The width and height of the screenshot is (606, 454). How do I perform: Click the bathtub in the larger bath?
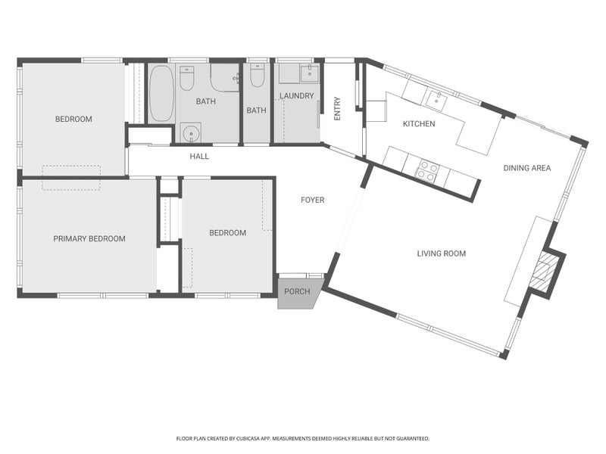[x=161, y=93]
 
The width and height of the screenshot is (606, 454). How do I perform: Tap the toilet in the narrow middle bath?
[x=256, y=76]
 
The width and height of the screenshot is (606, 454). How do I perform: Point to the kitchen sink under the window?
[x=437, y=96]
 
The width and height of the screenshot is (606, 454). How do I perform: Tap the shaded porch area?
[x=298, y=292]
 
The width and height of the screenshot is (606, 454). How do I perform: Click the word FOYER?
[x=312, y=201]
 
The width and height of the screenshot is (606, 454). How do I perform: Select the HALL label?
[x=199, y=157]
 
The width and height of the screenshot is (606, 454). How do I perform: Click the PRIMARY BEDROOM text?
[x=89, y=239]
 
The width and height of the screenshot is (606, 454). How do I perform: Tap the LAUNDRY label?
[x=296, y=96]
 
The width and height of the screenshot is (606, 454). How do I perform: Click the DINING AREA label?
[x=527, y=168]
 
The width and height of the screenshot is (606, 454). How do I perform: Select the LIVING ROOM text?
[x=442, y=253]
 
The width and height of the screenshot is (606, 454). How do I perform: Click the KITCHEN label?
[x=418, y=124]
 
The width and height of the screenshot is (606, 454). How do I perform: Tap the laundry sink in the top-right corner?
[x=309, y=73]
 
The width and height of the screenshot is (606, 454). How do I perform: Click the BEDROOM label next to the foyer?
[x=228, y=233]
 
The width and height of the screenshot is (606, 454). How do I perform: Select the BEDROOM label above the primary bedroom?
[x=73, y=120]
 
